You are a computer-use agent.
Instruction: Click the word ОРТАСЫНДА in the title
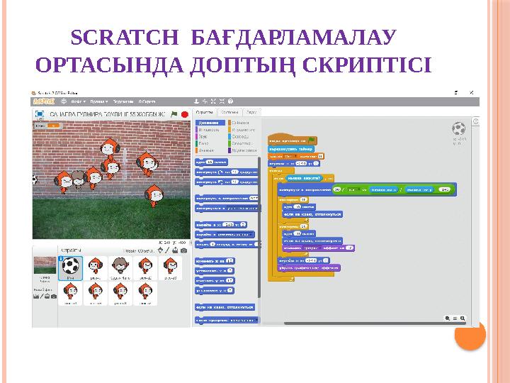coord(113,65)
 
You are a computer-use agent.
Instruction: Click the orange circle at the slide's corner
coord(469,334)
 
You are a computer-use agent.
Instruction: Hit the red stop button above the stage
coord(185,113)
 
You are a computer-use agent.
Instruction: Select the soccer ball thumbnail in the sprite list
coord(72,267)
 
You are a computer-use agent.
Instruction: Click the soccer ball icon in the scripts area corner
coord(458,128)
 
